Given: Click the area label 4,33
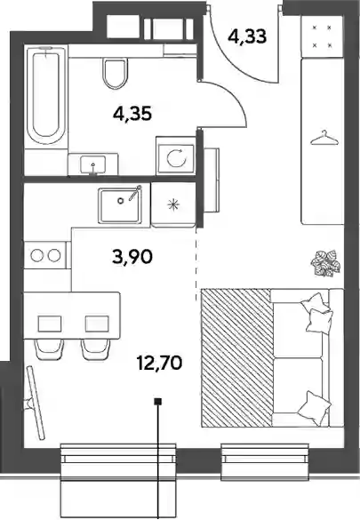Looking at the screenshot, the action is pyautogui.click(x=247, y=36).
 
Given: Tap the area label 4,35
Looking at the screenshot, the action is pyautogui.click(x=132, y=114).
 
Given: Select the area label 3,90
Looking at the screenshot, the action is pyautogui.click(x=132, y=257).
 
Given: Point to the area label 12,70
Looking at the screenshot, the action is pyautogui.click(x=159, y=363).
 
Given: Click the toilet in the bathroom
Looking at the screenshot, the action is pyautogui.click(x=115, y=73).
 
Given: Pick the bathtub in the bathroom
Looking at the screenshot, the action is pyautogui.click(x=45, y=95).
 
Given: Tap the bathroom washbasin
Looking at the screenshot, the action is pyautogui.click(x=93, y=164).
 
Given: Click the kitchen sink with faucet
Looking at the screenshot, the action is pyautogui.click(x=120, y=205).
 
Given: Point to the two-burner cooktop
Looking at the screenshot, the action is pyautogui.click(x=45, y=255).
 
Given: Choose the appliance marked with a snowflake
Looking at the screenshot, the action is pyautogui.click(x=173, y=204).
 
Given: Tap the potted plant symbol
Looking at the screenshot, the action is pyautogui.click(x=325, y=263).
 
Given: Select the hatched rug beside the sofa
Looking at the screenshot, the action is pyautogui.click(x=236, y=357).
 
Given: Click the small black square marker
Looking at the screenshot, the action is pyautogui.click(x=158, y=402).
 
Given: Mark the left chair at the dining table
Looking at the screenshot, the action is pyautogui.click(x=50, y=349).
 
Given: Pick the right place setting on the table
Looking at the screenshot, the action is pyautogui.click(x=97, y=324).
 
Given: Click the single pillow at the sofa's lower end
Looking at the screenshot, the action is pyautogui.click(x=315, y=408).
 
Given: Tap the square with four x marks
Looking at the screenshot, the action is pyautogui.click(x=322, y=36).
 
